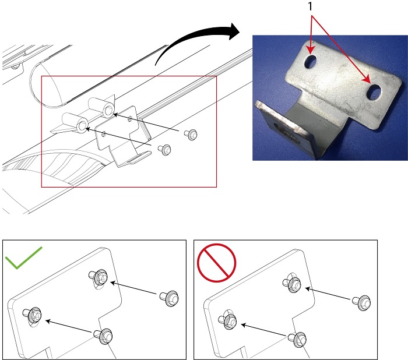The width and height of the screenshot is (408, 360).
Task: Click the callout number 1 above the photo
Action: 310,6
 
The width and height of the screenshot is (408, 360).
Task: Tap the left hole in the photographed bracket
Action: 310,62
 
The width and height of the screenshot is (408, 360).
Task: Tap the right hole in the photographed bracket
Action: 374,93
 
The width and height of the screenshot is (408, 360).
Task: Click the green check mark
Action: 23,258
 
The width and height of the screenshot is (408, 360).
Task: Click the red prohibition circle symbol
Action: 216,263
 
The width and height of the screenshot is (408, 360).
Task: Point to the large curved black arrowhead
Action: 234,31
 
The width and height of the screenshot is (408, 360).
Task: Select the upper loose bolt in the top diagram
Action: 191,135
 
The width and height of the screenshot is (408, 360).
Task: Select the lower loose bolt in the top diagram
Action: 164,150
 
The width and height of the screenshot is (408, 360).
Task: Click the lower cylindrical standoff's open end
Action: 82,126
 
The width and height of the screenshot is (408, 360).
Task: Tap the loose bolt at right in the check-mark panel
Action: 169,298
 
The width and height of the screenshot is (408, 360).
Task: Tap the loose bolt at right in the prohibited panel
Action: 361,302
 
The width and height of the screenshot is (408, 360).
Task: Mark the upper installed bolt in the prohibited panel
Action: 292,283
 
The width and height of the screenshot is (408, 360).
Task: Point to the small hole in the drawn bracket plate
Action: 103,135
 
